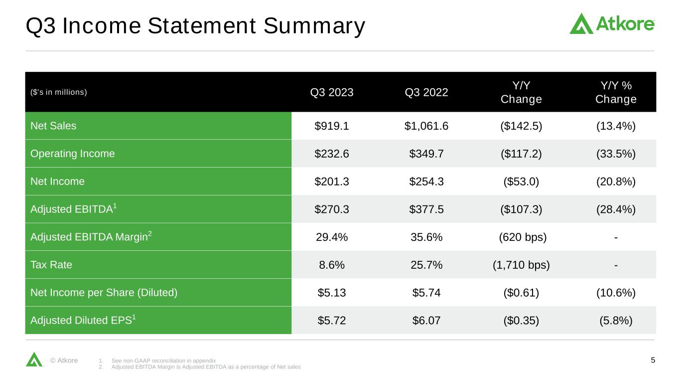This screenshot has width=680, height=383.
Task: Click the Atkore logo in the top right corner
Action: click(612, 23)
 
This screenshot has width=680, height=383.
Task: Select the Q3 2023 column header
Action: click(331, 92)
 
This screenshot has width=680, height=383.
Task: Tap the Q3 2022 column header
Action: click(426, 92)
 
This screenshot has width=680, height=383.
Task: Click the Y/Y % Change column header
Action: click(616, 92)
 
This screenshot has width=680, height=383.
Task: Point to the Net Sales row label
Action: click(53, 126)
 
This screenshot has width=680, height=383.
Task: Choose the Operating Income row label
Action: click(73, 154)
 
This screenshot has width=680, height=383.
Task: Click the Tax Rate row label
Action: click(51, 265)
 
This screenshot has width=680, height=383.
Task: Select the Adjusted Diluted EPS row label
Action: click(83, 320)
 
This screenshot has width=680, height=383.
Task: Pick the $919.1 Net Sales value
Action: click(331, 126)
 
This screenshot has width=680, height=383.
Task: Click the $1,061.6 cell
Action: click(426, 126)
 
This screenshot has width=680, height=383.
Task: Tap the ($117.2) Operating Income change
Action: click(521, 154)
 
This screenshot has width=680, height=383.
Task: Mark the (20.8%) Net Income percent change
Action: click(616, 182)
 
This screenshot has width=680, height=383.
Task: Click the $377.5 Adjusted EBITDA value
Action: click(426, 209)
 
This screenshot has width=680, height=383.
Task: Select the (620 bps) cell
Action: click(523, 237)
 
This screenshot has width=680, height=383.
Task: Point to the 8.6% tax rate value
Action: click(331, 265)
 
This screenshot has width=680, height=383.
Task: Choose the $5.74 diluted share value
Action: click(426, 293)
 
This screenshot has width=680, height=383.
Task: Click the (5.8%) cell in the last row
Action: click(616, 320)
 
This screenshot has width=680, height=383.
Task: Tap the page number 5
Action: click(653, 360)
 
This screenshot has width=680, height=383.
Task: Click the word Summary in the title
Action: click(314, 26)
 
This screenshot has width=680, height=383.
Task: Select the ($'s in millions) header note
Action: click(59, 92)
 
